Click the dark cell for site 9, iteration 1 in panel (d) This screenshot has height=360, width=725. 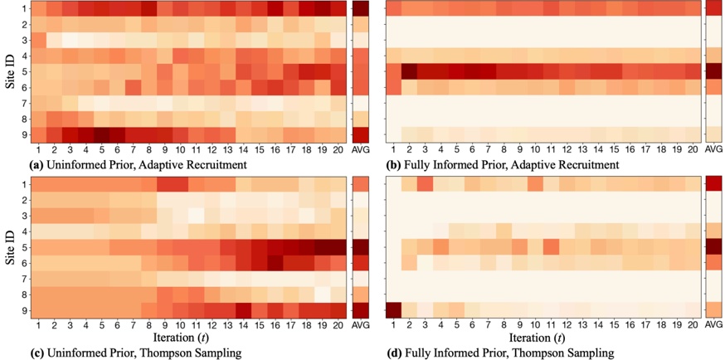pos(393,309)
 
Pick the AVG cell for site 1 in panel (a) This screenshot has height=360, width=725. pos(361,8)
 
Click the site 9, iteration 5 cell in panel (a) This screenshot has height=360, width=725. pos(102,134)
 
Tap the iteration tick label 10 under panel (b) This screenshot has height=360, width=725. pos(535,148)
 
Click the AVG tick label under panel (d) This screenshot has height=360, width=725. pos(713,324)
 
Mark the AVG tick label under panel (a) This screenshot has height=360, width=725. pos(361,148)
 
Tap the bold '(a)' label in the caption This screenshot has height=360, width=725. pos(36,165)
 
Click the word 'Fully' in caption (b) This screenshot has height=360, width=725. pos(421,165)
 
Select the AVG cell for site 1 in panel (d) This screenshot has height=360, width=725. pos(713,183)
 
